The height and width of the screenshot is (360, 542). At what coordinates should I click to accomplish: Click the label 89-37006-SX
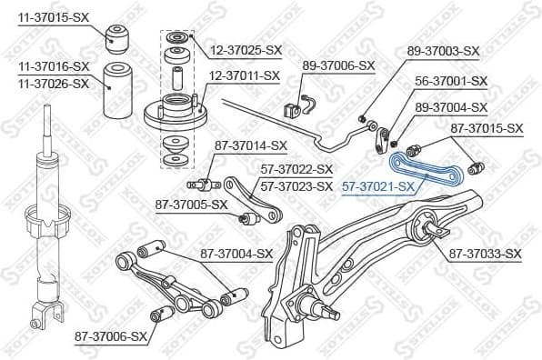tap(338, 65)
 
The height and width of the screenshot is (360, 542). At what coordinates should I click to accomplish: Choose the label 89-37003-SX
tap(443, 51)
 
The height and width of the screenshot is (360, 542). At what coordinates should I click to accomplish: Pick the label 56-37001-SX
tap(451, 81)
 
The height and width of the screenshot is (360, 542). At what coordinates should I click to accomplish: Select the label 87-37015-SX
tap(487, 129)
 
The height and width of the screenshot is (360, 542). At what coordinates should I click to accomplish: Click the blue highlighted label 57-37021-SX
tap(378, 187)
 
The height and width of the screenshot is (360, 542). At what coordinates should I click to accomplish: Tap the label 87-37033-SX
tap(486, 254)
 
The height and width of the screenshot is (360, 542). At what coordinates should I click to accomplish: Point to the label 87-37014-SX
tap(250, 145)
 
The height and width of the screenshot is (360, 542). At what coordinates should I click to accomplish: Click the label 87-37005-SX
tap(190, 205)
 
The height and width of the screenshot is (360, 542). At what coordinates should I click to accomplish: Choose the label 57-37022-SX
tap(297, 169)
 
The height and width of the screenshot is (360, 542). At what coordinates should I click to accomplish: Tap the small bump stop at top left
tap(120, 36)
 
